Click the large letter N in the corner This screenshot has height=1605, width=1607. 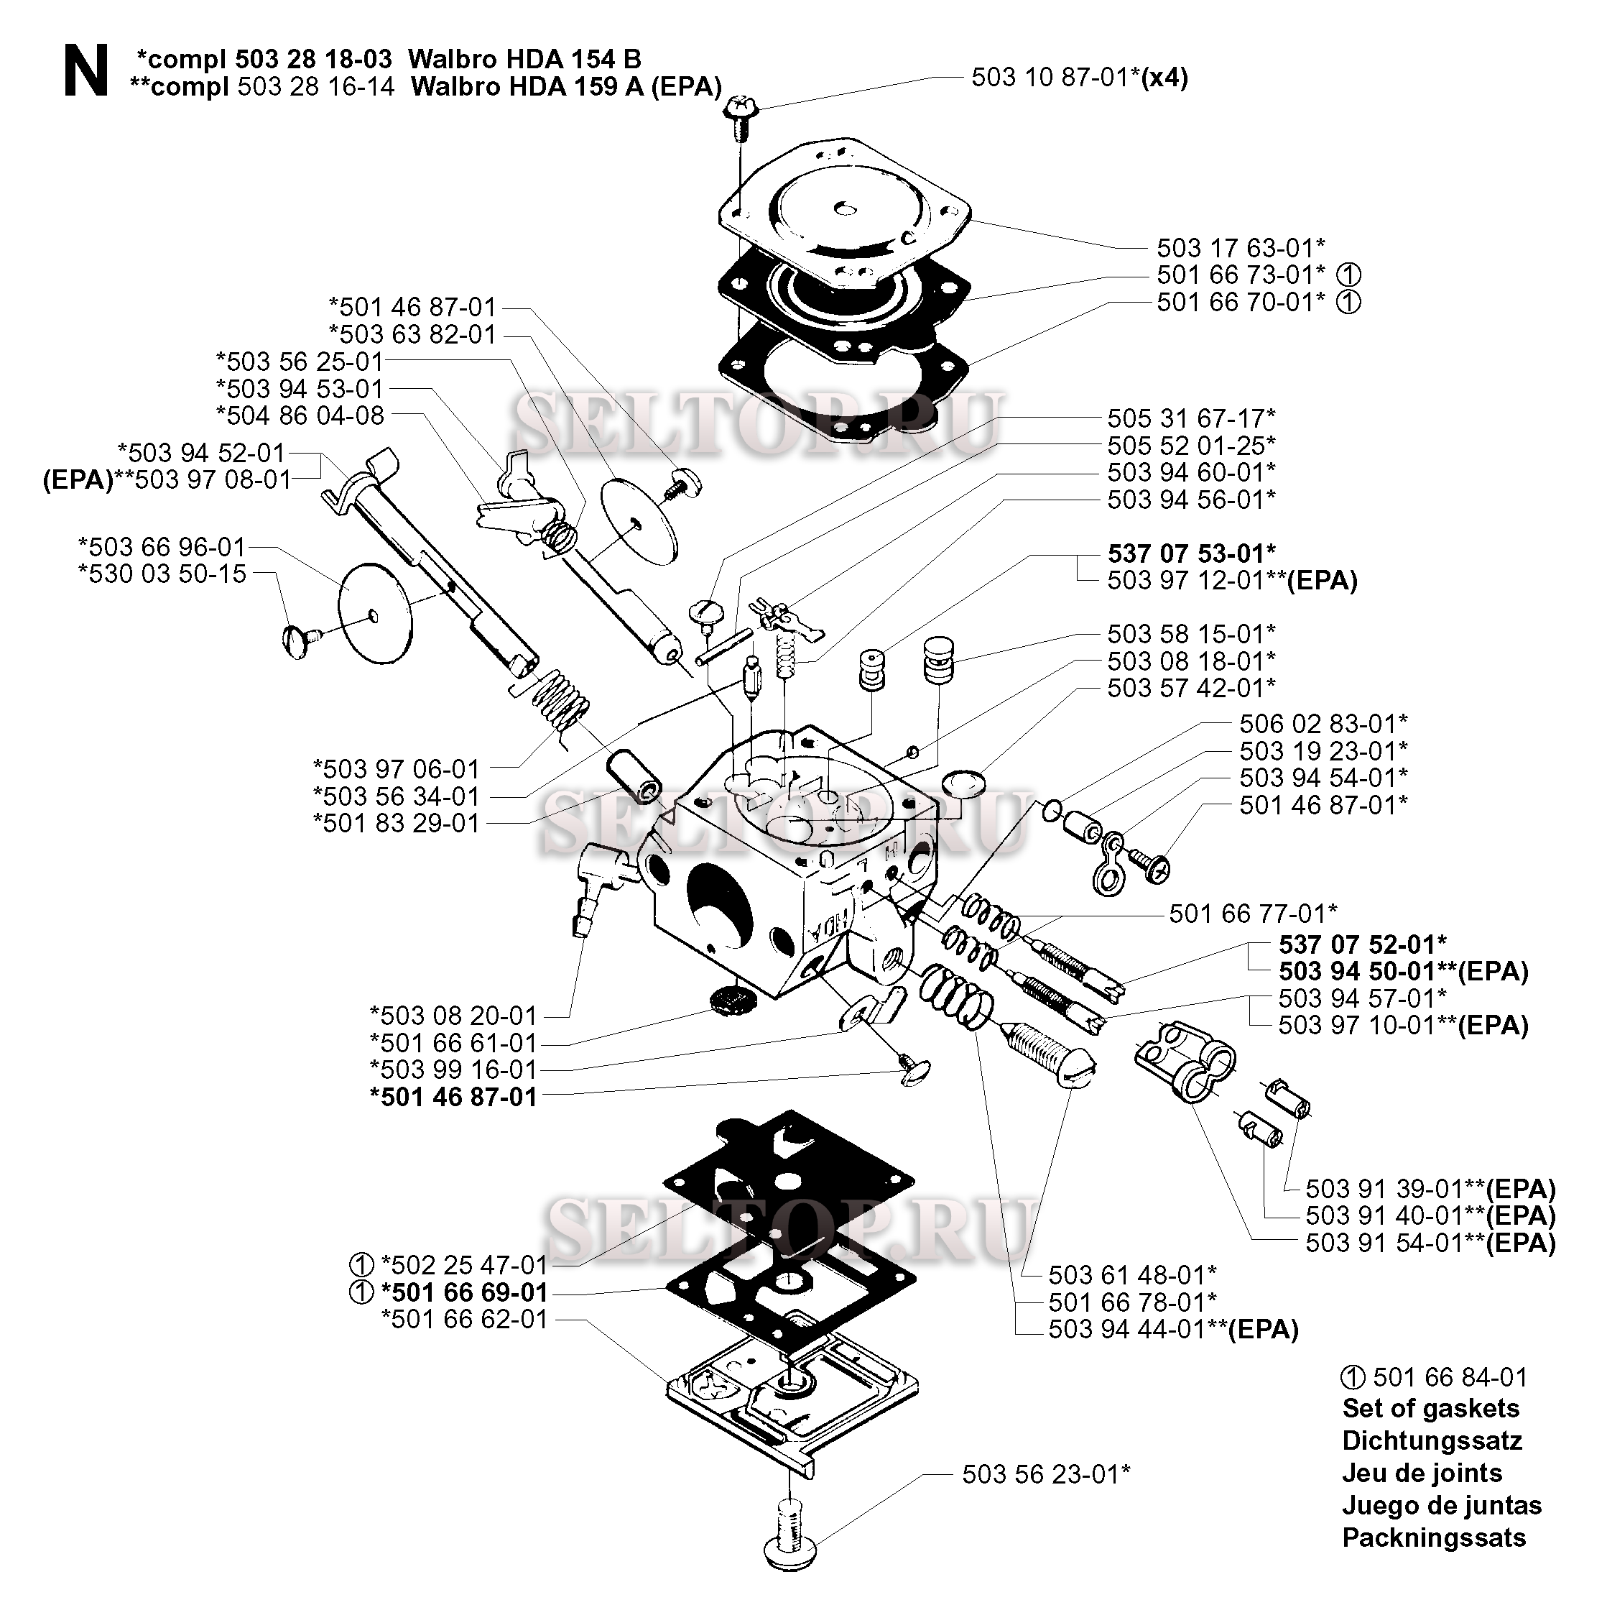pyautogui.click(x=85, y=72)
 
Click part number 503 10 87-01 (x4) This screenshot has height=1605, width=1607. pyautogui.click(x=1079, y=78)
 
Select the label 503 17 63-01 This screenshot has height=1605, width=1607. pyautogui.click(x=1240, y=247)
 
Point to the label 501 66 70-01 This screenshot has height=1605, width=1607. pyautogui.click(x=1240, y=301)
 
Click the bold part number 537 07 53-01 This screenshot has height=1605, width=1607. pyautogui.click(x=1191, y=553)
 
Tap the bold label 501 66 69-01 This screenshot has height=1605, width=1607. pyautogui.click(x=463, y=1292)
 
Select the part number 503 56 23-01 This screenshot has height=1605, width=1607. pyautogui.click(x=1045, y=1475)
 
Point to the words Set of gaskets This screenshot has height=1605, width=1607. pyautogui.click(x=1431, y=1408)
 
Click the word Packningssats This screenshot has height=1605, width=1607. pyautogui.click(x=1434, y=1537)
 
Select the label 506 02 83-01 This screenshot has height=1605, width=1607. pyautogui.click(x=1323, y=723)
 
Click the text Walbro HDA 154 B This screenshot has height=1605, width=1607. pyautogui.click(x=525, y=59)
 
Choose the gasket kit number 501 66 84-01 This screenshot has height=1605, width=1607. pyautogui.click(x=1450, y=1377)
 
